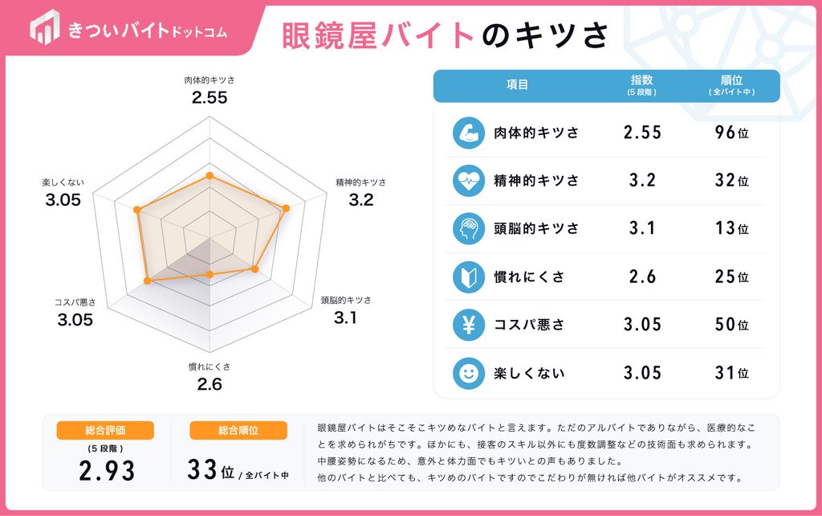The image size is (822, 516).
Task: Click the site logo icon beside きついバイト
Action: (45, 27)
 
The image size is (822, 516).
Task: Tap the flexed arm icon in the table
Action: (469, 133)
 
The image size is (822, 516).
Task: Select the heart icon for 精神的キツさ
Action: (469, 181)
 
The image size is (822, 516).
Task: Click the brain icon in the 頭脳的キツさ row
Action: (469, 228)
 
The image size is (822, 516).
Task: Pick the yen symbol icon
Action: (469, 325)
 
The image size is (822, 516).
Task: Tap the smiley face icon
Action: (469, 373)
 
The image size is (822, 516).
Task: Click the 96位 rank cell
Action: (732, 133)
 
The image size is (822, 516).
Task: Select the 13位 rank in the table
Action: (732, 228)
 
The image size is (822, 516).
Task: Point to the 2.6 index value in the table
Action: (642, 276)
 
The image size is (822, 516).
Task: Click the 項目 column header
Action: (518, 85)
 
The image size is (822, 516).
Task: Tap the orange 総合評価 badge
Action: (105, 431)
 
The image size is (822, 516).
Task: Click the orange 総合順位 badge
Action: (238, 431)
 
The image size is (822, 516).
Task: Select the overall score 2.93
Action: (107, 470)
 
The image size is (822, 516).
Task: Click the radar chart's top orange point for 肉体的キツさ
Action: (210, 175)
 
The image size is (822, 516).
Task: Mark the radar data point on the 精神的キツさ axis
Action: (286, 208)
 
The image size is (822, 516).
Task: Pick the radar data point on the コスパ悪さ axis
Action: (148, 281)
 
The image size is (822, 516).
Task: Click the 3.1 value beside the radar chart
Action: (345, 317)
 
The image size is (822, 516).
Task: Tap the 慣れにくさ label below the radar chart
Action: (210, 367)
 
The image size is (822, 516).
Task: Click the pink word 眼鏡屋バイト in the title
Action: (378, 35)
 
